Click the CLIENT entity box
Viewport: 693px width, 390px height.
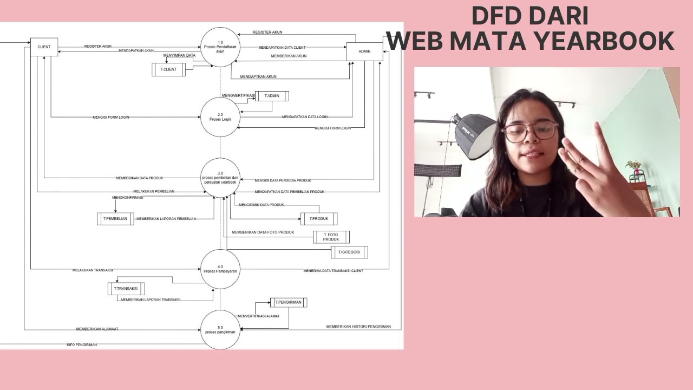44,47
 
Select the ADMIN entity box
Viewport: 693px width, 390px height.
364,51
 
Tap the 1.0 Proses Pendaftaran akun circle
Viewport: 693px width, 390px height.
220,47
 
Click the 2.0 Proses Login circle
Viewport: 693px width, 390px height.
220,117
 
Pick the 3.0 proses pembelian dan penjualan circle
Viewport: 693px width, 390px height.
220,178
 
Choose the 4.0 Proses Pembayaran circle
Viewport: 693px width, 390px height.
220,269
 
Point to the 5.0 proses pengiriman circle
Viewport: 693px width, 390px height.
220,330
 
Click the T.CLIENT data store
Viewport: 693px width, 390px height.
168,69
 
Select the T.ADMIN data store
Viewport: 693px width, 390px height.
272,96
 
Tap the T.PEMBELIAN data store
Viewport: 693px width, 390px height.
115,219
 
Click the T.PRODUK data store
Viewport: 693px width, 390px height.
319,219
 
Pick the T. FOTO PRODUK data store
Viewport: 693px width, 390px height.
331,237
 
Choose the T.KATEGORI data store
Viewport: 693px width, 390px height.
349,252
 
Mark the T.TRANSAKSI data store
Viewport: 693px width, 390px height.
126,289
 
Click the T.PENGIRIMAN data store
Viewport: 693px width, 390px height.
288,302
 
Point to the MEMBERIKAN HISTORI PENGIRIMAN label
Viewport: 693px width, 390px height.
358,327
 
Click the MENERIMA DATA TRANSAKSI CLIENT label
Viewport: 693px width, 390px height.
333,270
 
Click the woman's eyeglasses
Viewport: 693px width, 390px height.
529,131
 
